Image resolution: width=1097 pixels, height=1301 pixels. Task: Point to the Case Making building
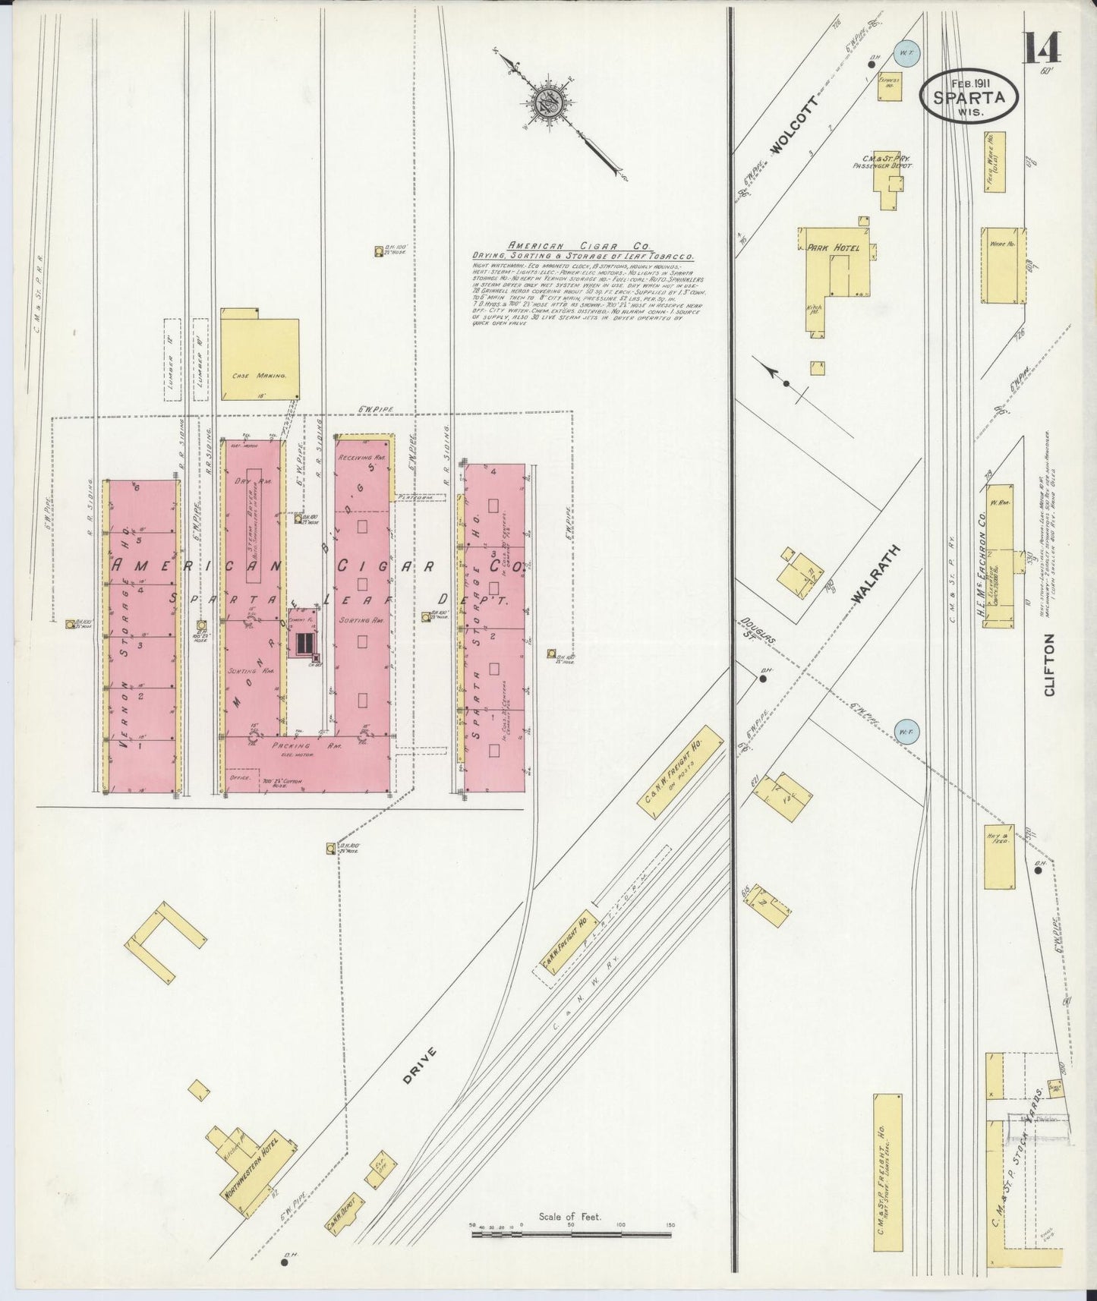tap(259, 355)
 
